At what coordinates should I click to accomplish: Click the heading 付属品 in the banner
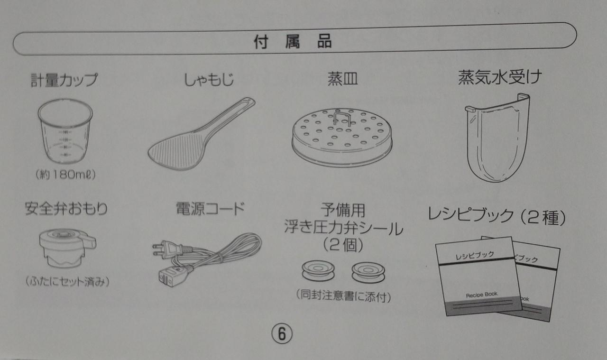[293, 41]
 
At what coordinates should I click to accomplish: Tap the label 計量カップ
[64, 80]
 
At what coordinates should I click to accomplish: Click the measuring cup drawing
[65, 131]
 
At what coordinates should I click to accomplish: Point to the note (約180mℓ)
[65, 175]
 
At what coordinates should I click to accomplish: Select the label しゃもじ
[209, 80]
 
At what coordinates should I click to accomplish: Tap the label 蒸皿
[342, 79]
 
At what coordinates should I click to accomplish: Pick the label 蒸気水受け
[500, 77]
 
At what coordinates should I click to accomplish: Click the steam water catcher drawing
[497, 138]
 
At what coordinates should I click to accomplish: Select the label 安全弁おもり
[66, 209]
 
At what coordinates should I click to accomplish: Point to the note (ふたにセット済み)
[67, 282]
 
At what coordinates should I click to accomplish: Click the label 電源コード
[210, 209]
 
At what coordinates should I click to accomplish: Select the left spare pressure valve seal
[318, 270]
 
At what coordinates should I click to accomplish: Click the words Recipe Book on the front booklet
[481, 295]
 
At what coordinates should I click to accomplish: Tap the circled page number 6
[282, 334]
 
